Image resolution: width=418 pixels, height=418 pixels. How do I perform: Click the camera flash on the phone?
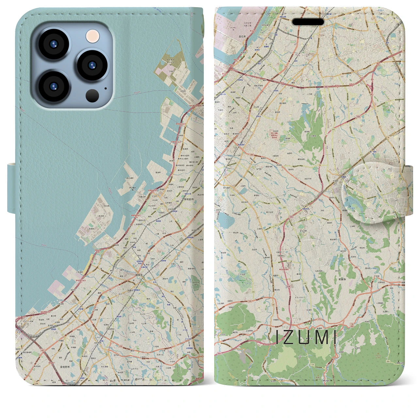click(93, 36)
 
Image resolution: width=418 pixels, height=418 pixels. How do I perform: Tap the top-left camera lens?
click(53, 44)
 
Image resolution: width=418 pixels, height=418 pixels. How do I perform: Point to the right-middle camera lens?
click(92, 64)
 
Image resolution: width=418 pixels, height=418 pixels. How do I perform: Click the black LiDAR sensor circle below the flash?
click(92, 96)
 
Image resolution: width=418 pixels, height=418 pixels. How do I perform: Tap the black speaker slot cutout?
click(308, 22)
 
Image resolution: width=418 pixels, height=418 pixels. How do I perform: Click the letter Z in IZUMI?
click(289, 338)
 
